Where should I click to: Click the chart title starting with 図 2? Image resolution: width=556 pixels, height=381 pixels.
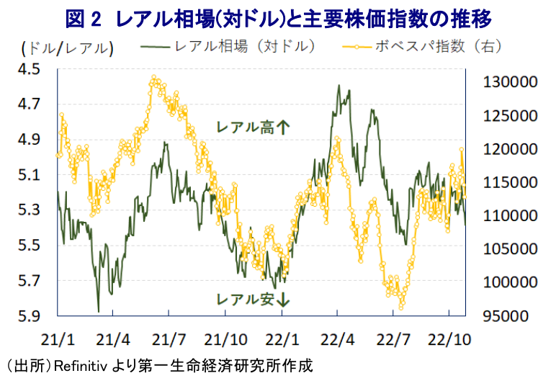[277, 16]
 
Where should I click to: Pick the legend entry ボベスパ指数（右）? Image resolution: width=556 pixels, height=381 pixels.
[432, 48]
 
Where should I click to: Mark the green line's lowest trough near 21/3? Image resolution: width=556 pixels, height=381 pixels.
[98, 311]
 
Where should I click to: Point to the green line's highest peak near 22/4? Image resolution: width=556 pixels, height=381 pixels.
[338, 85]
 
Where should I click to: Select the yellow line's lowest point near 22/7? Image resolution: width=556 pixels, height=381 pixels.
[401, 308]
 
